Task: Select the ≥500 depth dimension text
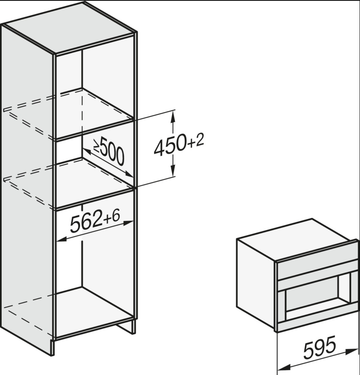click(x=109, y=151)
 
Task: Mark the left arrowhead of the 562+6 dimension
click(x=62, y=239)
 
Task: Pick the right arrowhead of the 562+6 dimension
click(x=128, y=223)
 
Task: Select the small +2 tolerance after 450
click(x=196, y=141)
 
